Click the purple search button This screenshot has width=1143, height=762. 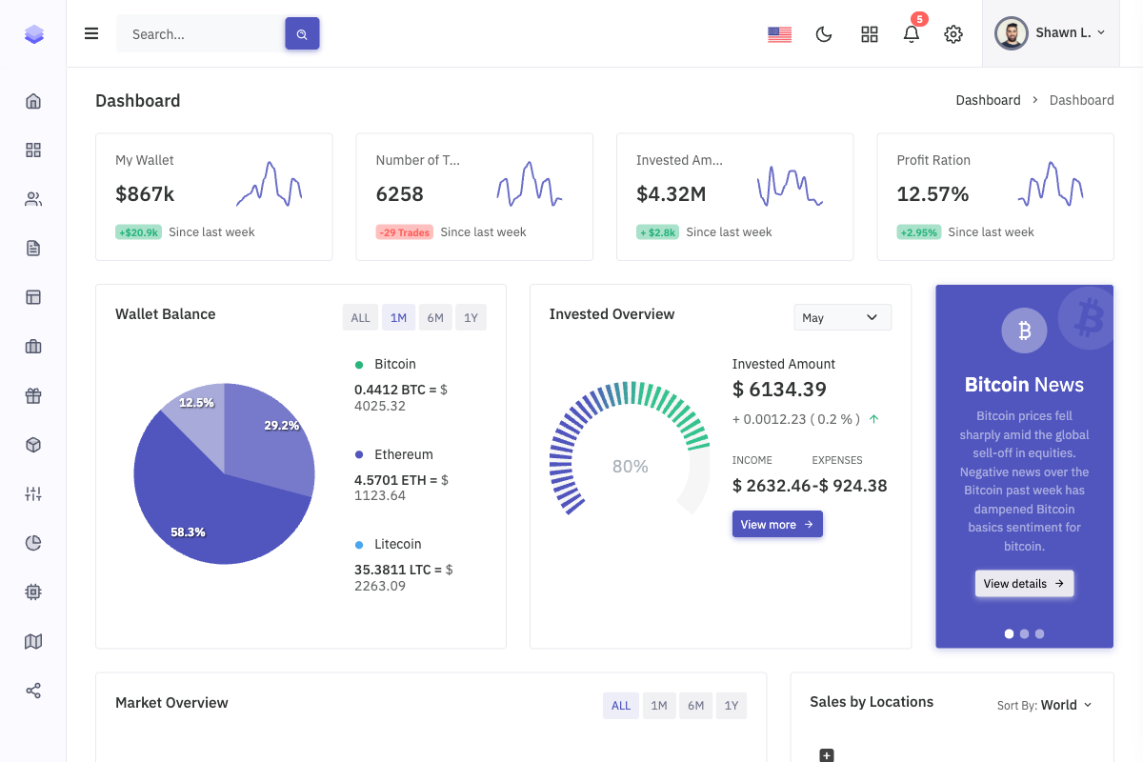coord(302,34)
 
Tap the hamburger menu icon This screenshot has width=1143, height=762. coord(91,34)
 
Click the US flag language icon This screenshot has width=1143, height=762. coord(779,34)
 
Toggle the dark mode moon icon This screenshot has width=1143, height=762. coord(824,34)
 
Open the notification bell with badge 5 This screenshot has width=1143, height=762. coord(912,34)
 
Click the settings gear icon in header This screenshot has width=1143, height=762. coord(952,34)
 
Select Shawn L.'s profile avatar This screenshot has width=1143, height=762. coord(1012,33)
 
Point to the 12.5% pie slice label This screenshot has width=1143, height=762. coord(196,403)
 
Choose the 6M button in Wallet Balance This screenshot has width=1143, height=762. coord(435,318)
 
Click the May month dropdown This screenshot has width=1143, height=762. coord(842,317)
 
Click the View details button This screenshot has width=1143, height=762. coord(1024,584)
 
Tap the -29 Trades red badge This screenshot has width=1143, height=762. coord(404,232)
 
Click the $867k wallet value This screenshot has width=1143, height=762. coord(145,194)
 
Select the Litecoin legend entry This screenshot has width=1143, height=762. coord(397,544)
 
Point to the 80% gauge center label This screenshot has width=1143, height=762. coord(630,467)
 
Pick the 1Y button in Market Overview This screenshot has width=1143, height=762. coord(731,706)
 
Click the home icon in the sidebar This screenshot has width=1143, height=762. coord(33,101)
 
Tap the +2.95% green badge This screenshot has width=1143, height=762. coord(918,232)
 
